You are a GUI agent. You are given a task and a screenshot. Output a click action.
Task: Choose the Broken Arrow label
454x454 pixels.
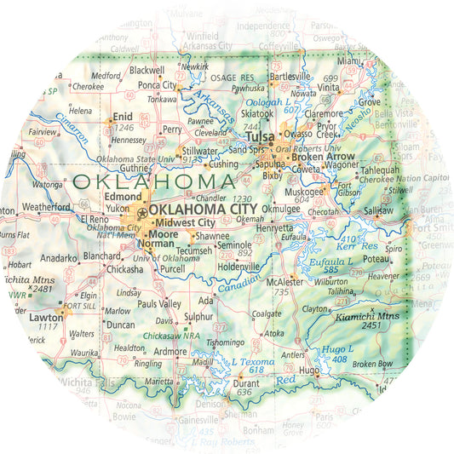pyautogui.click(x=323, y=157)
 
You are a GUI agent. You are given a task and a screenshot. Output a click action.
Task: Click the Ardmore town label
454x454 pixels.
pyautogui.click(x=170, y=351)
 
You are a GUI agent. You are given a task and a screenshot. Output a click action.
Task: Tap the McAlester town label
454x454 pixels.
pyautogui.click(x=284, y=281)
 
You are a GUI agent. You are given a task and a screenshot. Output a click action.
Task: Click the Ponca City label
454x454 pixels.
pyautogui.click(x=157, y=85)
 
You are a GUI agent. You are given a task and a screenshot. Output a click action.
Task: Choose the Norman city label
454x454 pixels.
pyautogui.click(x=155, y=243)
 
